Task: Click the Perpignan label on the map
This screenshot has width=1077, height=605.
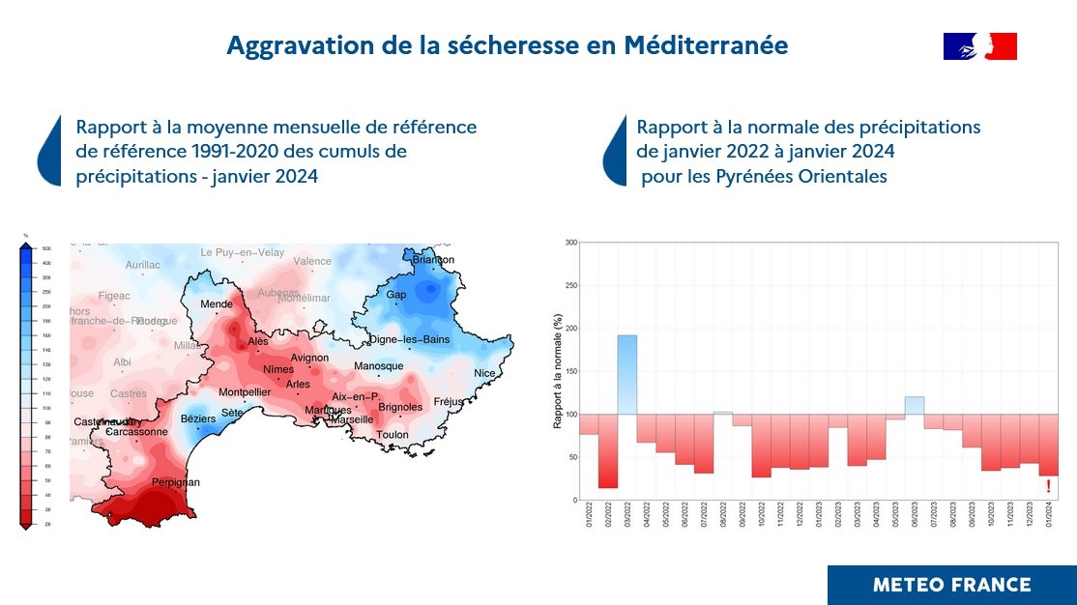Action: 176,481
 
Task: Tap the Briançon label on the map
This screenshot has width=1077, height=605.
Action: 433,259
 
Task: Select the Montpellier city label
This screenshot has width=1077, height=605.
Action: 246,392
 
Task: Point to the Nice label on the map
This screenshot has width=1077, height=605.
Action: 484,373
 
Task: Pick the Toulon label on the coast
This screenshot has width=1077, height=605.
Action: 393,434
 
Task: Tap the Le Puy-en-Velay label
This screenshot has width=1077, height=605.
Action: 243,252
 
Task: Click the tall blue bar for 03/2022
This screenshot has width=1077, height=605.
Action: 627,374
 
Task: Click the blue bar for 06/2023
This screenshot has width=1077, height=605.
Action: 915,405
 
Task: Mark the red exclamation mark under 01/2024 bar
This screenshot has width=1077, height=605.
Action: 1049,486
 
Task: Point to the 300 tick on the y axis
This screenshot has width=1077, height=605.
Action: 570,243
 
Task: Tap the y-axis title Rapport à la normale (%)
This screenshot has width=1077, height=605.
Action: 558,371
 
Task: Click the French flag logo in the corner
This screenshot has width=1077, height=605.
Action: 979,45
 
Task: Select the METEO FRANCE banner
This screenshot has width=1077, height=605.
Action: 951,585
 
